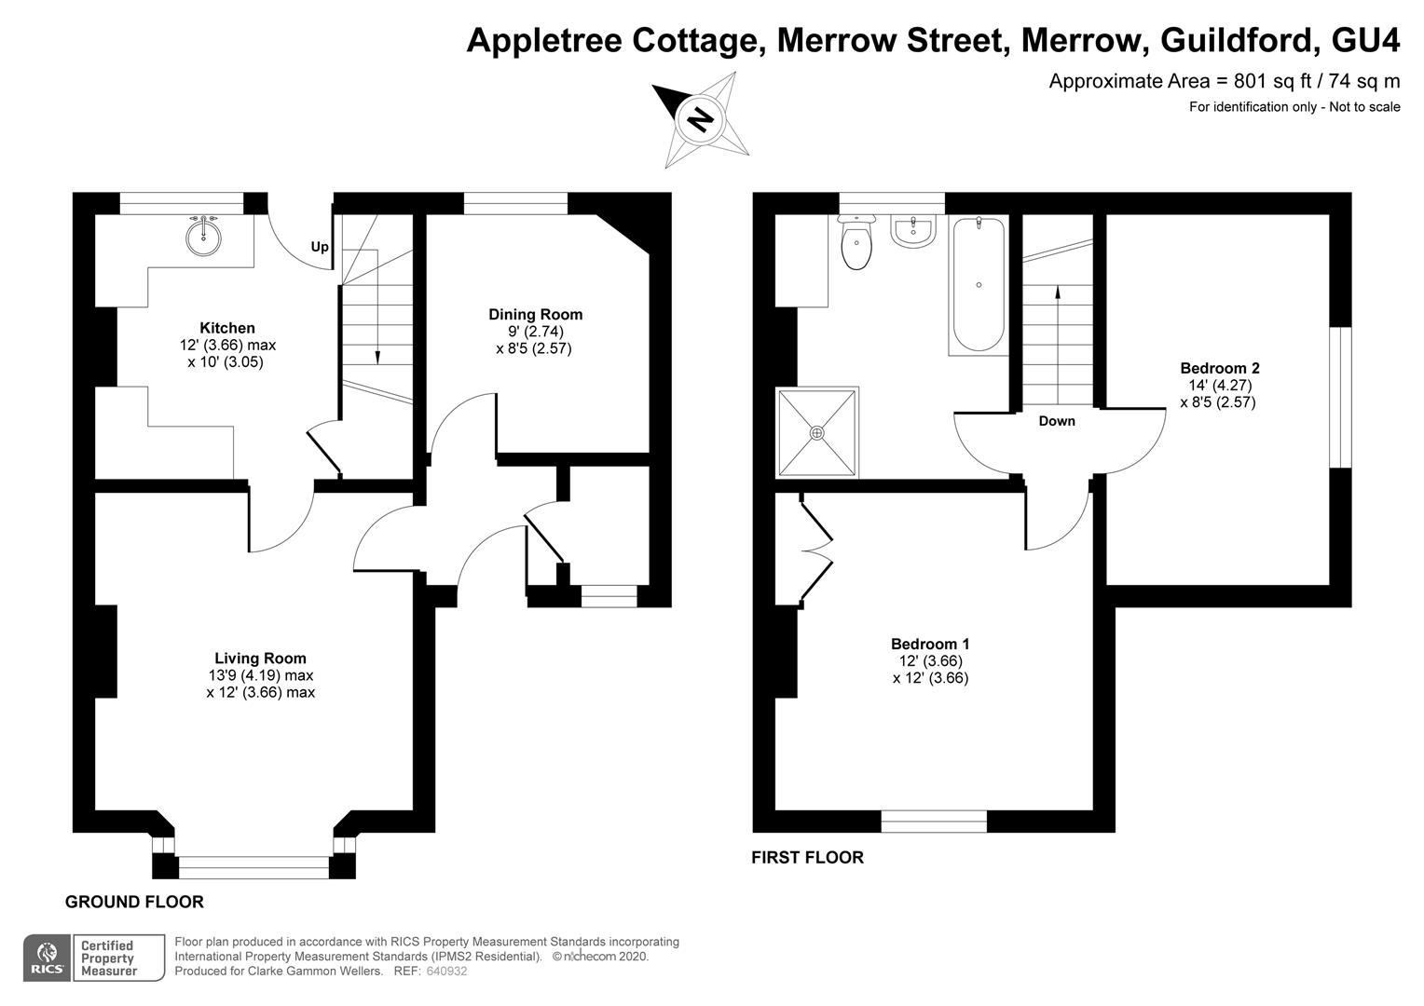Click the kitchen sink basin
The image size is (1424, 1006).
[204, 237]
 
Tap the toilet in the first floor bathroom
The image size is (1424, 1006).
[856, 246]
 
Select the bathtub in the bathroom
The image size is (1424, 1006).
[978, 285]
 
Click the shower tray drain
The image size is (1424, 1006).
[817, 432]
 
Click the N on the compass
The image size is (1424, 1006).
[700, 120]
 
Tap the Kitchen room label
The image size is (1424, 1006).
[226, 328]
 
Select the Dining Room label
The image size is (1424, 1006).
[535, 315]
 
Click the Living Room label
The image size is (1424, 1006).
[260, 659]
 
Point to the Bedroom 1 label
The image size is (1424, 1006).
[930, 644]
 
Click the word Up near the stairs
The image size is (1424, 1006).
[320, 248]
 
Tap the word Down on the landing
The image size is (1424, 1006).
[1057, 421]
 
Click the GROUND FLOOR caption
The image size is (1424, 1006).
[134, 902]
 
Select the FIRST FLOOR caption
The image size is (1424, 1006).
[807, 858]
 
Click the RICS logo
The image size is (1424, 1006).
[47, 958]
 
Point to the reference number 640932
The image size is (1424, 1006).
[446, 972]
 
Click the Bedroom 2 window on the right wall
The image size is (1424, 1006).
[1339, 397]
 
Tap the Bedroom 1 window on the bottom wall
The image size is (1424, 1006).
[934, 821]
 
